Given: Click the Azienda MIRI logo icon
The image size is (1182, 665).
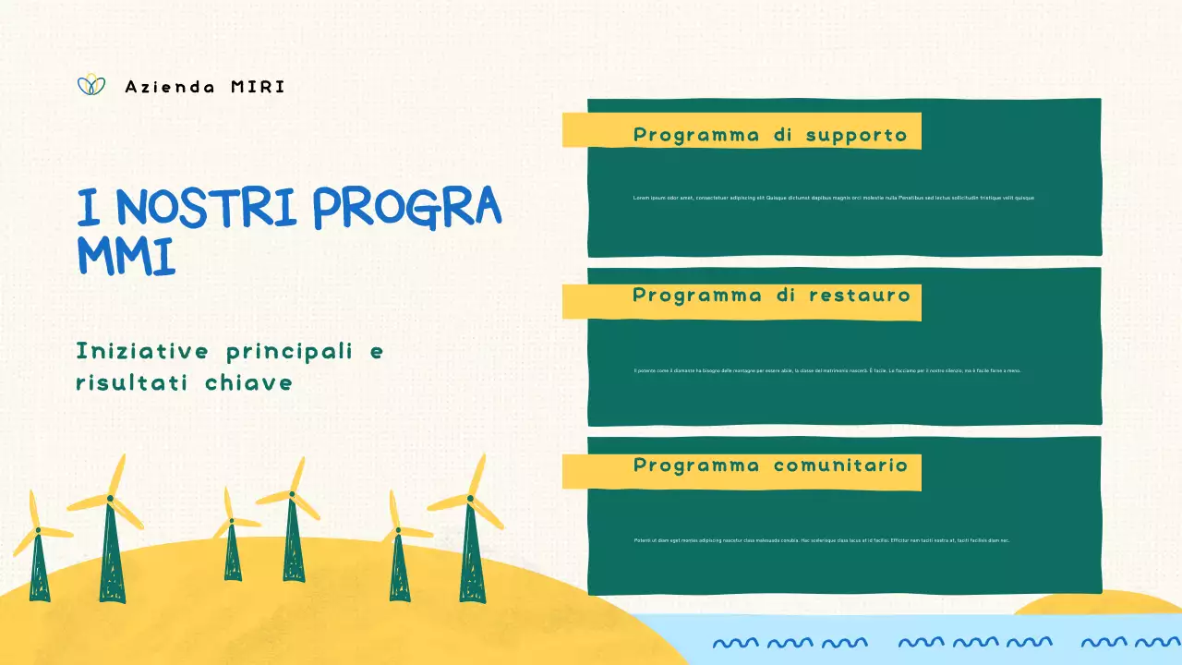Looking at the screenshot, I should coord(90,85).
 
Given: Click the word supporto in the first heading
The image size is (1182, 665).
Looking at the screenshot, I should coord(856,135).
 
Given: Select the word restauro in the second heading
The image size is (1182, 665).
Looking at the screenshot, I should coord(859,296).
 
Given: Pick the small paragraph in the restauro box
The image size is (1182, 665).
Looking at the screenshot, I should coord(826,370).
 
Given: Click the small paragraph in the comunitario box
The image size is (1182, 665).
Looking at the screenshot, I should coord(821,540).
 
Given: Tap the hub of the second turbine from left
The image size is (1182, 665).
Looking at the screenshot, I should coord(110,499).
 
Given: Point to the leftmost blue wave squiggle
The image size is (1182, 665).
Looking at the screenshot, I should coord(735,642).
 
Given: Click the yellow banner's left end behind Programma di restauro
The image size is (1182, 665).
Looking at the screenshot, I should coord(574,302).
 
